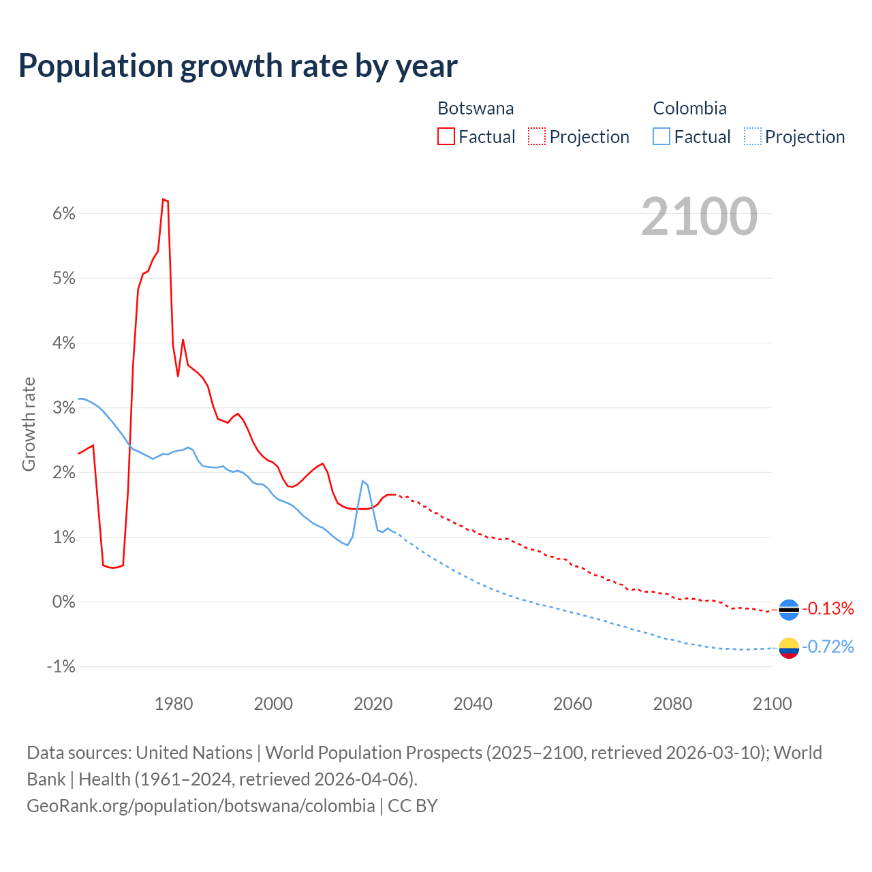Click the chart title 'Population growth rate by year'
pos(238,65)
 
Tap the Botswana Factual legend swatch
pos(446,136)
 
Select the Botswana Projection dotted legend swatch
pos(537,136)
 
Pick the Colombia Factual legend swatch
pos(661,136)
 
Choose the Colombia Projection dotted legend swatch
pos(753,136)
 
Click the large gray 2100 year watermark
pos(699,216)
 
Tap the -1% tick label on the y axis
pos(61,666)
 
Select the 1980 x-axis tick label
pos(174,704)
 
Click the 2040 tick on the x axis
pos(473,704)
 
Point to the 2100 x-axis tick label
pos(772,704)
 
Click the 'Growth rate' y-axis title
pos(29,424)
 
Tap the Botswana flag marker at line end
pos(789,609)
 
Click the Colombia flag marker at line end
pos(789,647)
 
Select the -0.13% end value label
pos(828,608)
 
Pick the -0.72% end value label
pos(828,647)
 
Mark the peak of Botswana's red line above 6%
pos(163,199)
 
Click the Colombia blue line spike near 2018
pos(363,481)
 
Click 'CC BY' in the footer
pos(413,805)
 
